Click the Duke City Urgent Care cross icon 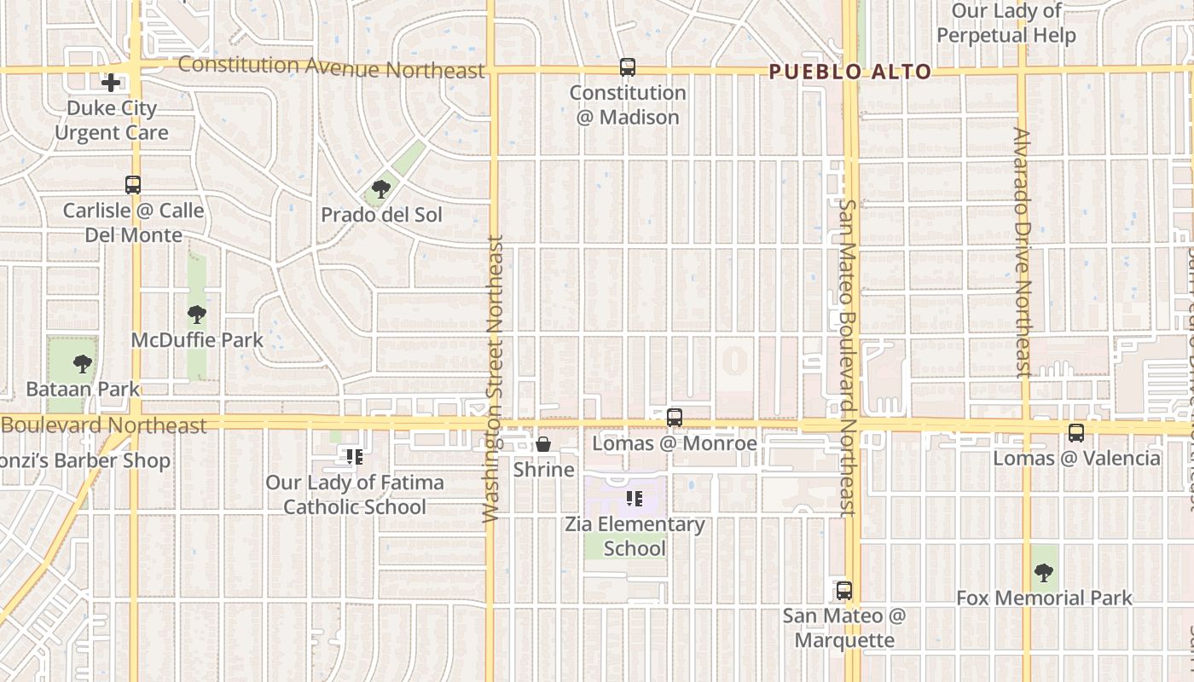pos(111,83)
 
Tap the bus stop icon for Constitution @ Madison pos(628,66)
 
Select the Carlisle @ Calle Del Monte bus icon pos(133,184)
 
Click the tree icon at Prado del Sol pos(381,189)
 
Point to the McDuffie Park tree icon pos(197,315)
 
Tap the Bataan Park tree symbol pos(83,364)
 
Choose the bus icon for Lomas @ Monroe pos(675,418)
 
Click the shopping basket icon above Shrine pos(543,444)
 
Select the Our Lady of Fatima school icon pos(355,457)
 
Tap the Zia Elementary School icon pos(634,499)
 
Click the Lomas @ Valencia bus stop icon pos(1076,433)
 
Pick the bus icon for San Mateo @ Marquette pos(843,590)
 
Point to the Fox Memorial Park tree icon pos(1043,572)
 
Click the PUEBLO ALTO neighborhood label pos(849,72)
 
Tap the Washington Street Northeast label pos(494,379)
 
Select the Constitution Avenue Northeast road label pos(331,67)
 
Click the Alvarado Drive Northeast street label pos(1023,251)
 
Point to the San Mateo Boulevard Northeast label pos(847,358)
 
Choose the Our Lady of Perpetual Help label pos(1006,23)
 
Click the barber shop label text pos(85,461)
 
